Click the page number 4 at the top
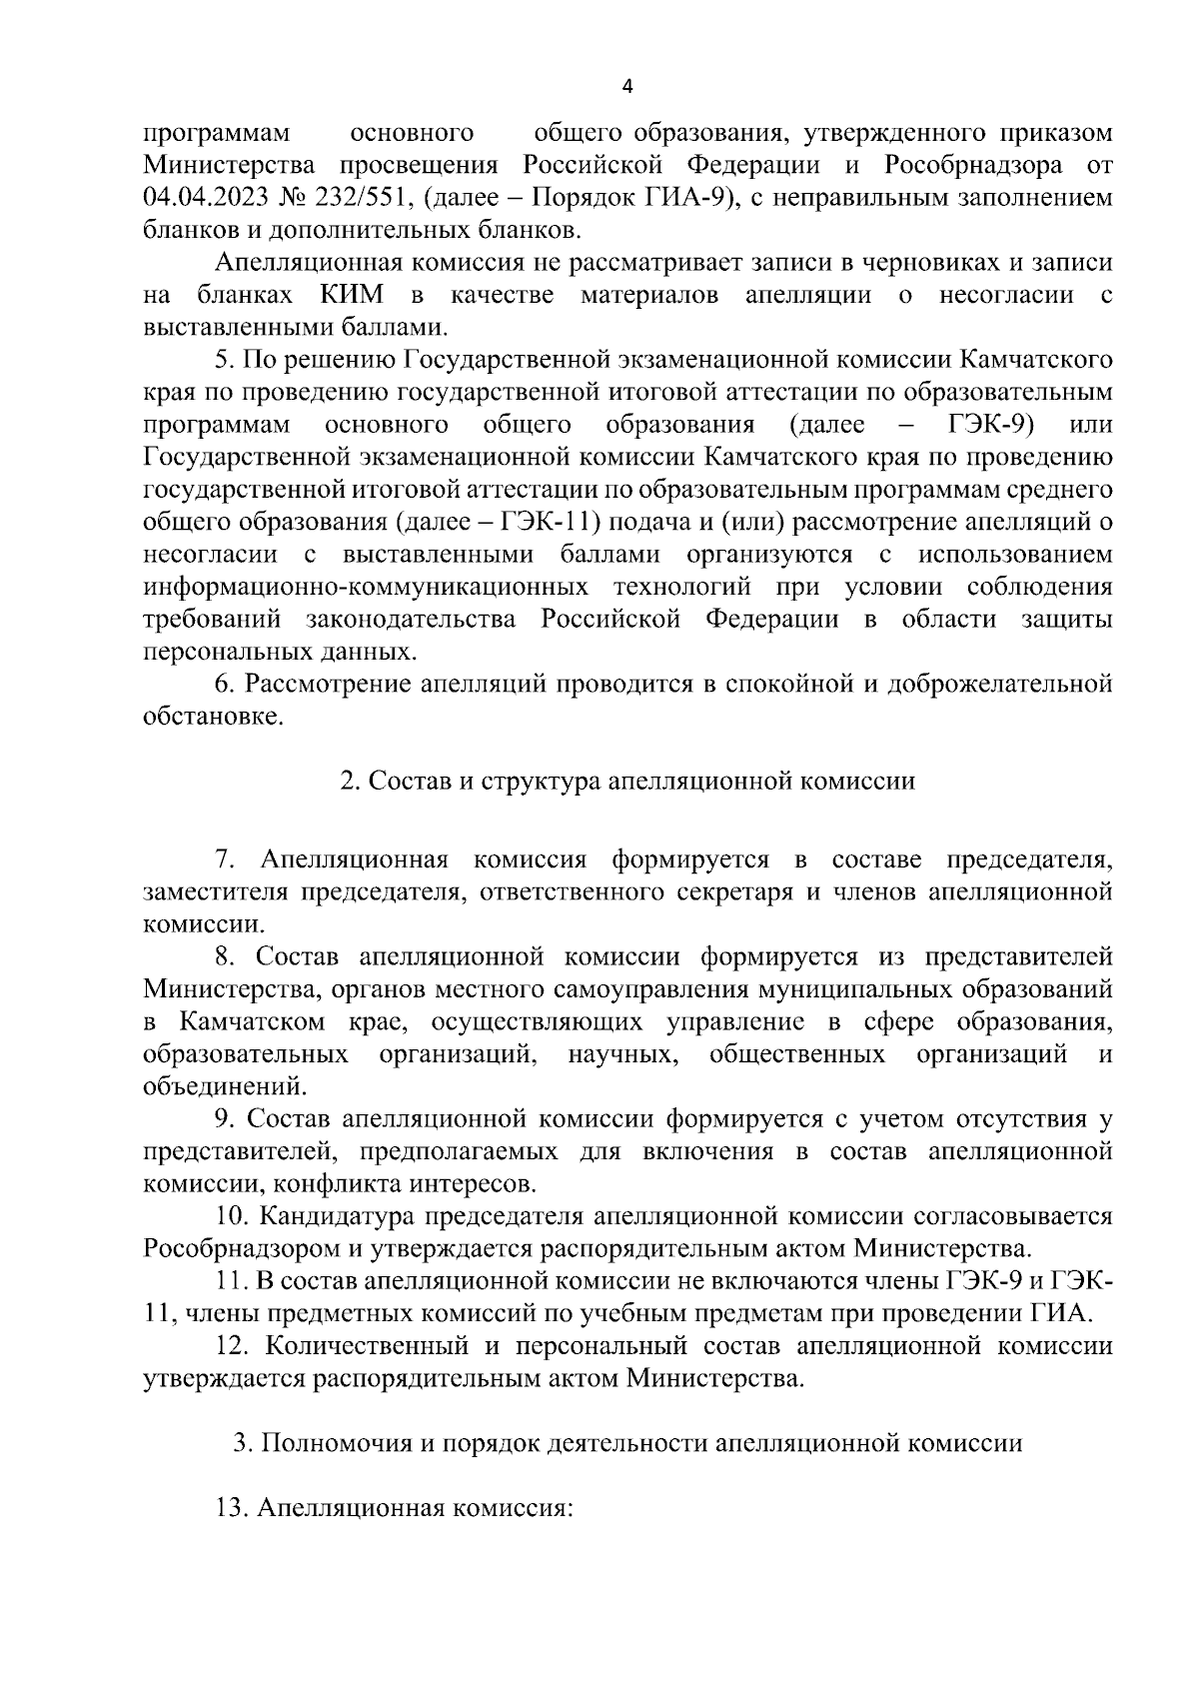(x=627, y=86)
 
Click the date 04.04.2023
(x=210, y=198)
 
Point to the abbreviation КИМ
(x=356, y=295)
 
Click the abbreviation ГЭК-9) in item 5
(x=990, y=425)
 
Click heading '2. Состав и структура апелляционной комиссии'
(x=627, y=782)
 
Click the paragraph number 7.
(x=225, y=859)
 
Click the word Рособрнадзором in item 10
(x=243, y=1249)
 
